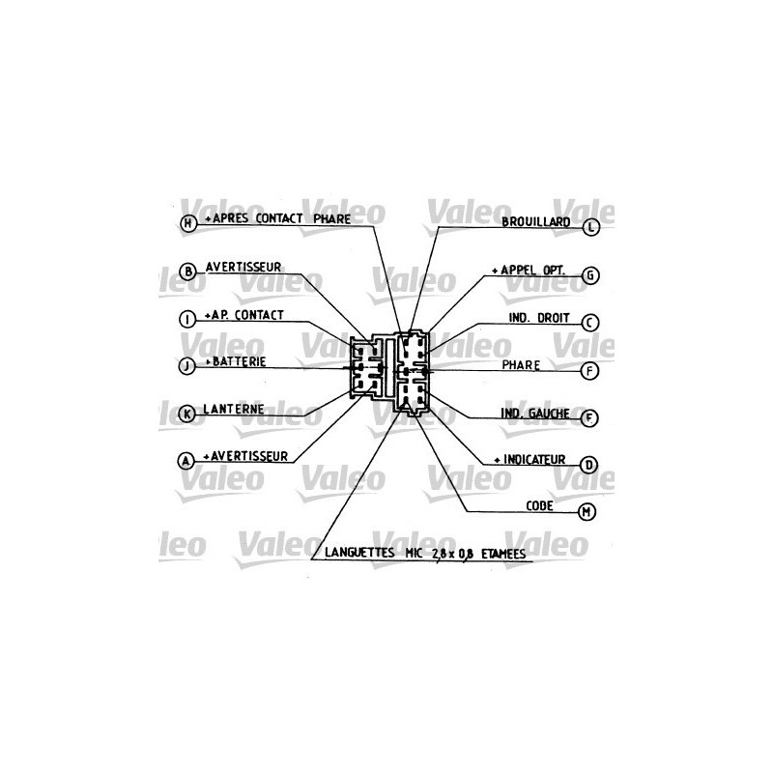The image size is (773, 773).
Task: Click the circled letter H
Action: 187,223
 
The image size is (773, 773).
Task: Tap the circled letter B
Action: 187,272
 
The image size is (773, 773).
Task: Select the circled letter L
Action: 591,227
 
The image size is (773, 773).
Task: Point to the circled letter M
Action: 587,512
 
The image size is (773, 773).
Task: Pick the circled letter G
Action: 590,275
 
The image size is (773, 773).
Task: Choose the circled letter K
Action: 186,415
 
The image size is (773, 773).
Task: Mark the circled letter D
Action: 588,465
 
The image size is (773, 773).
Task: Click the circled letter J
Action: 186,366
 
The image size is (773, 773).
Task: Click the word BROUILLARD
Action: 536,222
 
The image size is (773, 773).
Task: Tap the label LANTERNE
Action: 234,409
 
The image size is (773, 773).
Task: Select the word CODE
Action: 539,505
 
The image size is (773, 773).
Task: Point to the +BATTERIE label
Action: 236,361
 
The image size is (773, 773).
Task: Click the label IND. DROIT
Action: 539,318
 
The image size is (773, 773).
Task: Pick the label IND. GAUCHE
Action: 535,414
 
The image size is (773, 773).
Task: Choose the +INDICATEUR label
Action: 530,460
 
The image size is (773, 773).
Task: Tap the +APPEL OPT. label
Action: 529,271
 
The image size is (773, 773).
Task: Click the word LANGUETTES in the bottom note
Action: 359,553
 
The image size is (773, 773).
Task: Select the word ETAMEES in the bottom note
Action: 503,554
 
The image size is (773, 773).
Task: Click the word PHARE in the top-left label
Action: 332,219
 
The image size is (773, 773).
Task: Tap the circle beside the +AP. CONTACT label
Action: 187,319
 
